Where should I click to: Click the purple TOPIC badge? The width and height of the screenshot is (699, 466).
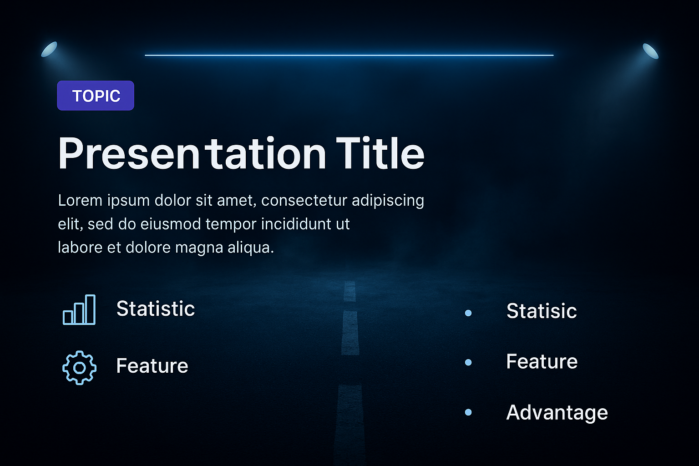(x=96, y=96)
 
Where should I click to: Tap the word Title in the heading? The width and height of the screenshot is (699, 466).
(x=380, y=153)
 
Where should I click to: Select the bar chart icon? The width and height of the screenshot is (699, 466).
(x=79, y=309)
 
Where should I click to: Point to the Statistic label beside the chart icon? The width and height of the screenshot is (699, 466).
(x=155, y=309)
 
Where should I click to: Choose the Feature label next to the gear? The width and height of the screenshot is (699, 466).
(x=152, y=365)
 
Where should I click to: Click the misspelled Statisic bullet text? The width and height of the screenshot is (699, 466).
(x=542, y=311)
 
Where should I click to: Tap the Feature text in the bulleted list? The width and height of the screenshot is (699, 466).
(x=542, y=361)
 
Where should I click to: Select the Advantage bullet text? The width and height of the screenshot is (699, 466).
(x=557, y=413)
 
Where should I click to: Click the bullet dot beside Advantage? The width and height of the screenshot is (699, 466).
(x=468, y=412)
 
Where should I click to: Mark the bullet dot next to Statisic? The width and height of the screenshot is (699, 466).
(x=468, y=313)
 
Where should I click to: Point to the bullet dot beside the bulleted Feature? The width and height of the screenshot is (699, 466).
(x=468, y=362)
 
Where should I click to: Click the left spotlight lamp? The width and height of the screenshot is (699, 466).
(x=49, y=49)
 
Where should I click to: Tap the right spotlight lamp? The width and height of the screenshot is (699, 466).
(x=651, y=51)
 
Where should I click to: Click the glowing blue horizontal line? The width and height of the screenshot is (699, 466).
(x=349, y=55)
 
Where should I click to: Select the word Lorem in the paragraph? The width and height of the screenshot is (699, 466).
(x=80, y=200)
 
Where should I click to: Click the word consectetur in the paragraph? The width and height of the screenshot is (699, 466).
(x=304, y=200)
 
